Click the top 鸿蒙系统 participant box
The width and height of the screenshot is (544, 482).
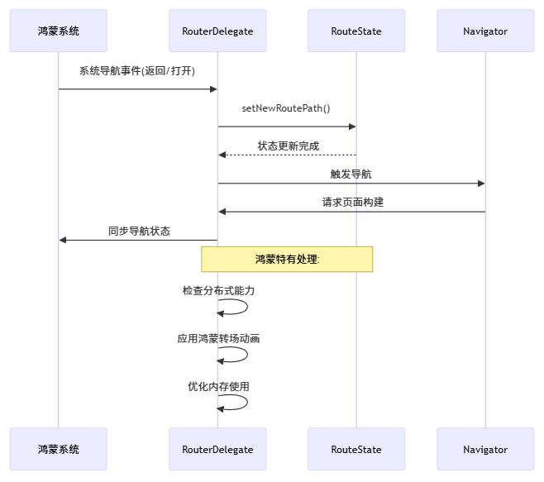point(59,31)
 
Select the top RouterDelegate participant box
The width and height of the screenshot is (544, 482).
point(217,31)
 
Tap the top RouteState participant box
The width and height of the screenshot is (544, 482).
point(356,31)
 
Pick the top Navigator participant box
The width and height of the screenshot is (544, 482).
point(485,31)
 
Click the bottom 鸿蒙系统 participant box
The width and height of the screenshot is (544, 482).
point(59,449)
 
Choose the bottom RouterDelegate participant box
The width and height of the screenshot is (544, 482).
point(217,449)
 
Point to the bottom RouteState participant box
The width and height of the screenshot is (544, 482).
point(356,449)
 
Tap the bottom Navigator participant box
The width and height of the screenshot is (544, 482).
point(485,449)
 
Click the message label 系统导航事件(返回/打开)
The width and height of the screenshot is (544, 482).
point(137,71)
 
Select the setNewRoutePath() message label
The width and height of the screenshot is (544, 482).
point(286,108)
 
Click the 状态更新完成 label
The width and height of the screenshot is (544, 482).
point(287,146)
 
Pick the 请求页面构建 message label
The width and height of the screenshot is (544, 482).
point(351,202)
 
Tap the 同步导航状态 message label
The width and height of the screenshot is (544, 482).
point(138,231)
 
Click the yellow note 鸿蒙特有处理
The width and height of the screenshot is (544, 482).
point(287,259)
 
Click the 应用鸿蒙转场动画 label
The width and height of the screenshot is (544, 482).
point(218,338)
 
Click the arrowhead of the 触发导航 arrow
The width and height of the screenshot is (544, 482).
point(480,184)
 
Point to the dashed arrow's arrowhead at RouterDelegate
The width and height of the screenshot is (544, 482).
point(222,155)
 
